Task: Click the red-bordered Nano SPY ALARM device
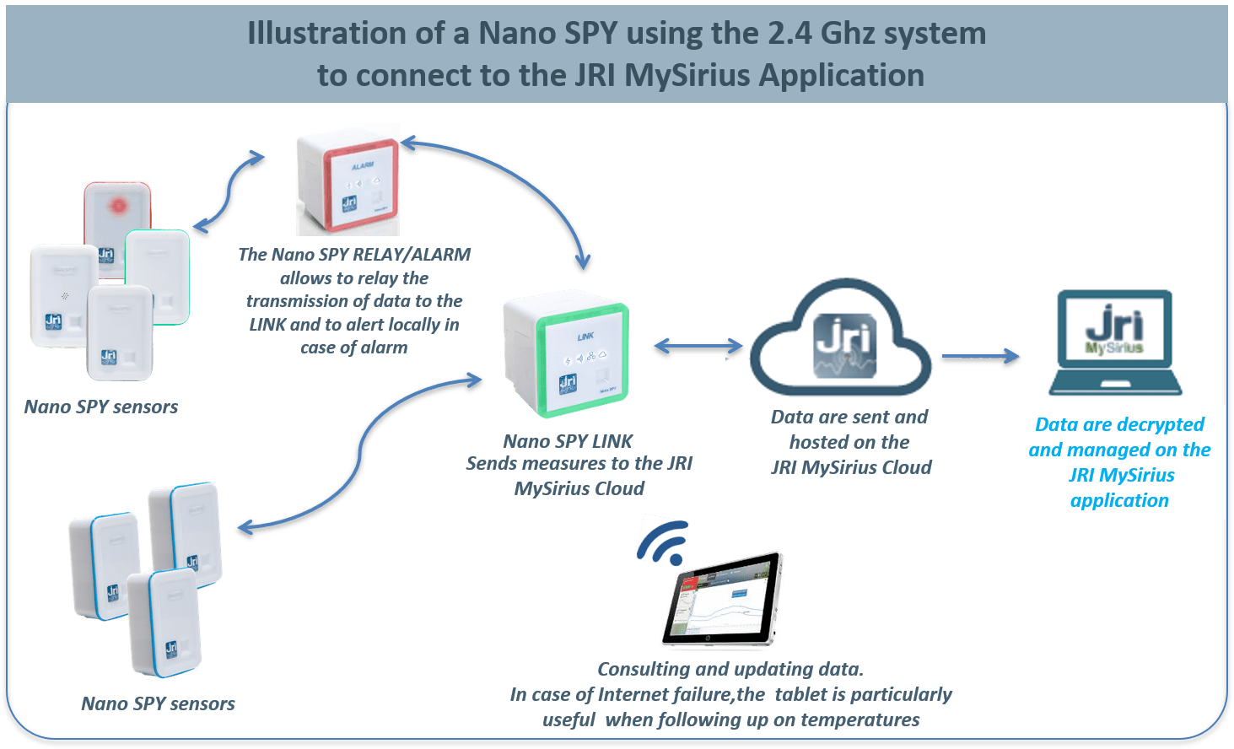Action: point(348,180)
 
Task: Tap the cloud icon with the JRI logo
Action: point(841,342)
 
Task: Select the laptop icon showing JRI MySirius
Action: point(1115,342)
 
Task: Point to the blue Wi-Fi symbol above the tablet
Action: point(664,542)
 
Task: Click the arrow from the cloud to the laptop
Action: point(980,357)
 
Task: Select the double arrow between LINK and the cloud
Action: point(698,345)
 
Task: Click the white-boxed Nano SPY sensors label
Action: point(159,703)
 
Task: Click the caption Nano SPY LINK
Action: point(568,441)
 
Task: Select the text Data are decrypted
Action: point(1119,424)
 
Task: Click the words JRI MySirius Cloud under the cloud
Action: point(851,467)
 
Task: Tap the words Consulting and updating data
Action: point(730,669)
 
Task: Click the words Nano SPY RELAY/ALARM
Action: point(354,255)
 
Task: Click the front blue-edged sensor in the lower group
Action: point(164,622)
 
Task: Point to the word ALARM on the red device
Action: point(363,166)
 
